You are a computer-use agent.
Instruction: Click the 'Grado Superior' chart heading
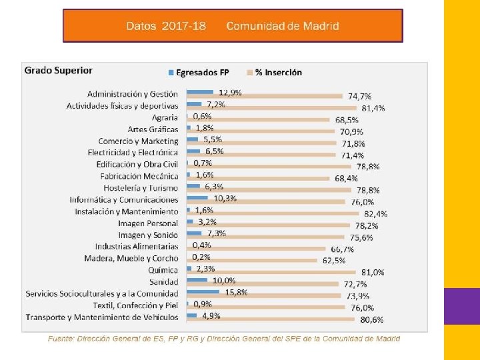pos(59,70)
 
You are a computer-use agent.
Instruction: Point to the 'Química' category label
pos(163,270)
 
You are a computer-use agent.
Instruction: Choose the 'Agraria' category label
pos(165,117)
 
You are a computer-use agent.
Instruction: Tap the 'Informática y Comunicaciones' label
pos(124,199)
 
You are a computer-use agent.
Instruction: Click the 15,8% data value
pos(237,292)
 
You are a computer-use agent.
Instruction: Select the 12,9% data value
pos(231,92)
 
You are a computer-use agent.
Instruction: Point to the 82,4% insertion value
pos(375,213)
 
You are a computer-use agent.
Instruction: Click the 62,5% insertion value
pos(334,260)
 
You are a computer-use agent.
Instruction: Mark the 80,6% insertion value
pos(372,319)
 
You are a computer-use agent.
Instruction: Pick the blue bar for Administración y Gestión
pos(200,92)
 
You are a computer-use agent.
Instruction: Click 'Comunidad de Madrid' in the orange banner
pos(282,26)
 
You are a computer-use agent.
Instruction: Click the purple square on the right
pos(461,306)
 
